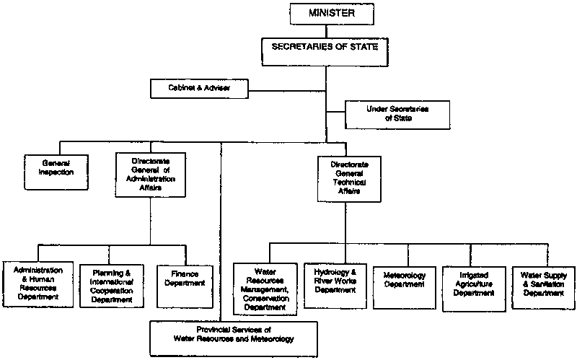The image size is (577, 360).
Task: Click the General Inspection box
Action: tap(50, 167)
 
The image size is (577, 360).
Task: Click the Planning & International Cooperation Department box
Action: tap(112, 285)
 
